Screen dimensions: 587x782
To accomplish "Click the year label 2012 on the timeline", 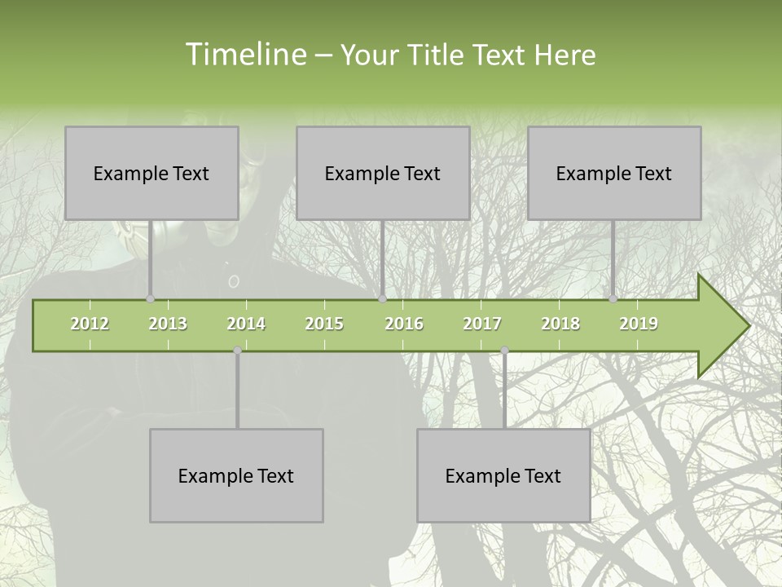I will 90,324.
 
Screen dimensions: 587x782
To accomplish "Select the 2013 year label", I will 168,324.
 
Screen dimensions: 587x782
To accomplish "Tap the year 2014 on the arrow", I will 246,324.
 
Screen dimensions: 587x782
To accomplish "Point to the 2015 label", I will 324,324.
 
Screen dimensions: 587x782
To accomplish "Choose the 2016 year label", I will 404,324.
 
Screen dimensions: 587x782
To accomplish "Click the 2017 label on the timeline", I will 482,324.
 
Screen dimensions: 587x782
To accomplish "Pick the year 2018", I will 560,324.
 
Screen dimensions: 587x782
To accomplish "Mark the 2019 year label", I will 639,324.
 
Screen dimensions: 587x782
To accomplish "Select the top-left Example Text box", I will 152,173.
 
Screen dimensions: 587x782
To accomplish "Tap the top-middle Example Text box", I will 383,173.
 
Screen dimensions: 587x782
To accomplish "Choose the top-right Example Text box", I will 614,173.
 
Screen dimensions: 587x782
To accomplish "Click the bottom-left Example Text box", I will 236,475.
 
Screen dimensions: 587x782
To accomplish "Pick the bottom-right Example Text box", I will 503,475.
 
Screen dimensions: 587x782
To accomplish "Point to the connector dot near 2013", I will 150,299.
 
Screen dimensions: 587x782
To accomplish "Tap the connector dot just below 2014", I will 237,351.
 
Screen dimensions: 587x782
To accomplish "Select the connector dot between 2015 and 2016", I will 382,299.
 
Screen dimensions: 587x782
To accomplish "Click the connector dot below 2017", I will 504,351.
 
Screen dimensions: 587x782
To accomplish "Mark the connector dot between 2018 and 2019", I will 613,299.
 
